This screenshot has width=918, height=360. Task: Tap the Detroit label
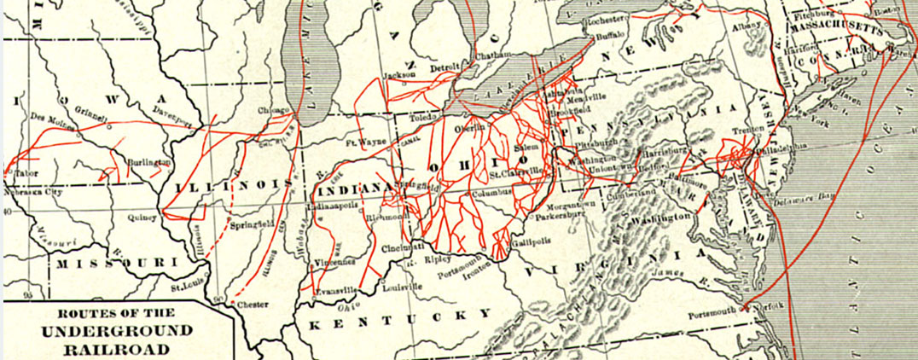pyautogui.click(x=444, y=67)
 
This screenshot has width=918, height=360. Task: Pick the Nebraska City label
pyautogui.click(x=33, y=192)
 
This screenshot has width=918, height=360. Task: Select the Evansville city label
pyautogui.click(x=334, y=290)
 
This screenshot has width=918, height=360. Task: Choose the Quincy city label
pyautogui.click(x=142, y=218)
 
